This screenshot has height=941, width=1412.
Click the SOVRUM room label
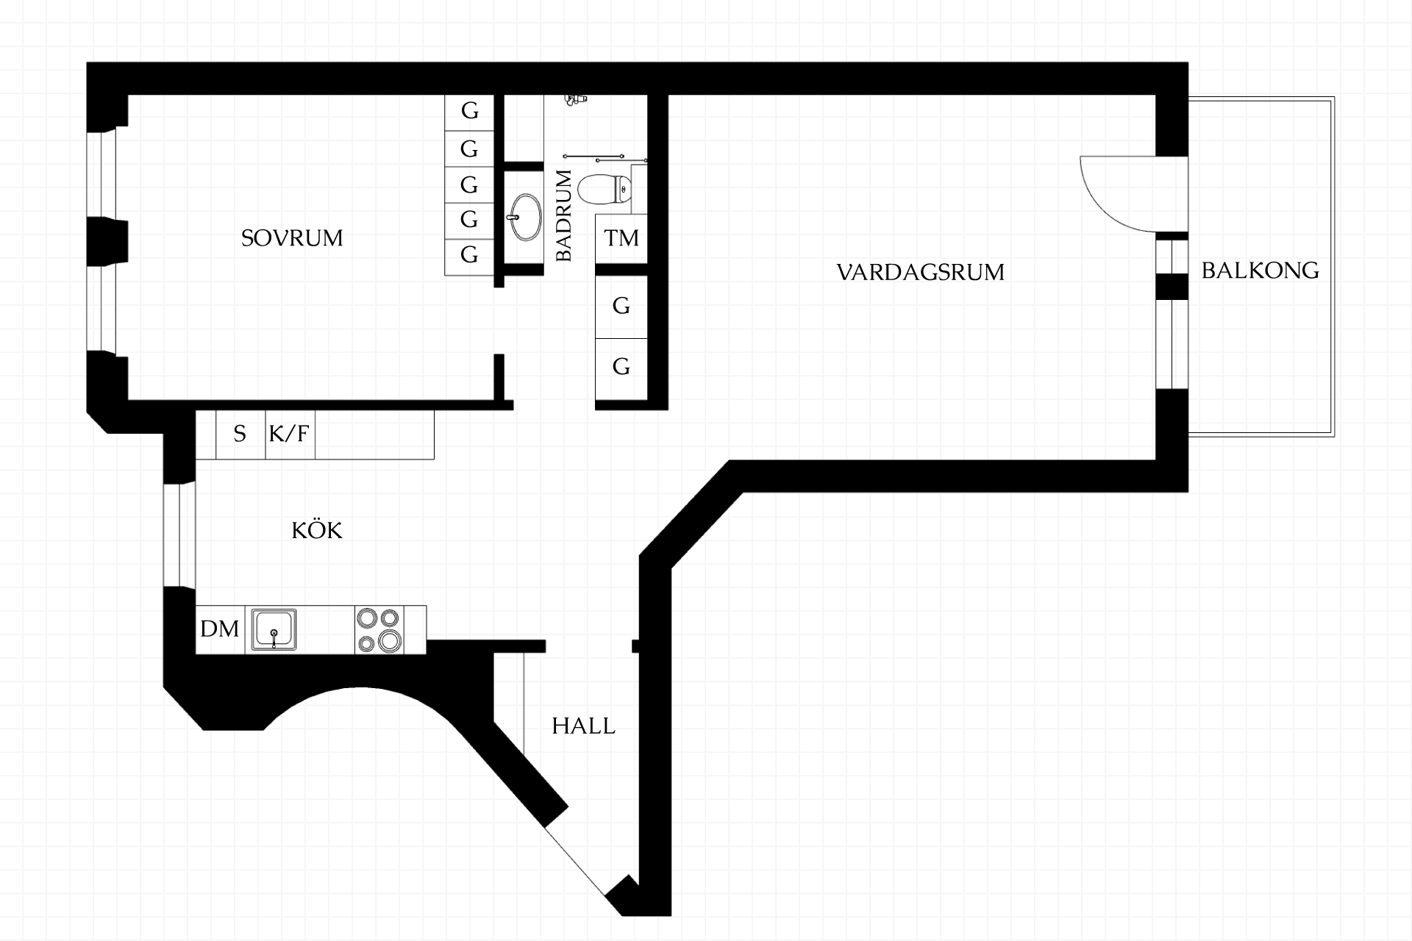tap(292, 238)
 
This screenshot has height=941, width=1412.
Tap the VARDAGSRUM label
tap(921, 273)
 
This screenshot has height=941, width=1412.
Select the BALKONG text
tap(1261, 271)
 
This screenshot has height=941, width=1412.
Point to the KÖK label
tap(317, 529)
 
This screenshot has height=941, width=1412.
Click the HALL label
tap(583, 726)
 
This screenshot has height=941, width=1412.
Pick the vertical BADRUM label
tap(564, 215)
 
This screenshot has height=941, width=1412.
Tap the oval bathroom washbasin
tap(525, 217)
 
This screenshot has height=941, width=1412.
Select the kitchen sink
tap(274, 629)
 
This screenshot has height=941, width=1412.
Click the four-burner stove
tap(379, 630)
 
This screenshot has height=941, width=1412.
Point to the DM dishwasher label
tap(220, 629)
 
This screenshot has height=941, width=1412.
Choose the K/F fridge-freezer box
tap(290, 434)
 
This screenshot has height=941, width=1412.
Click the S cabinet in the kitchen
tap(240, 434)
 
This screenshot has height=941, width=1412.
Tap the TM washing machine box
tap(621, 238)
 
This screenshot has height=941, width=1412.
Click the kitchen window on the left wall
tap(179, 534)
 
